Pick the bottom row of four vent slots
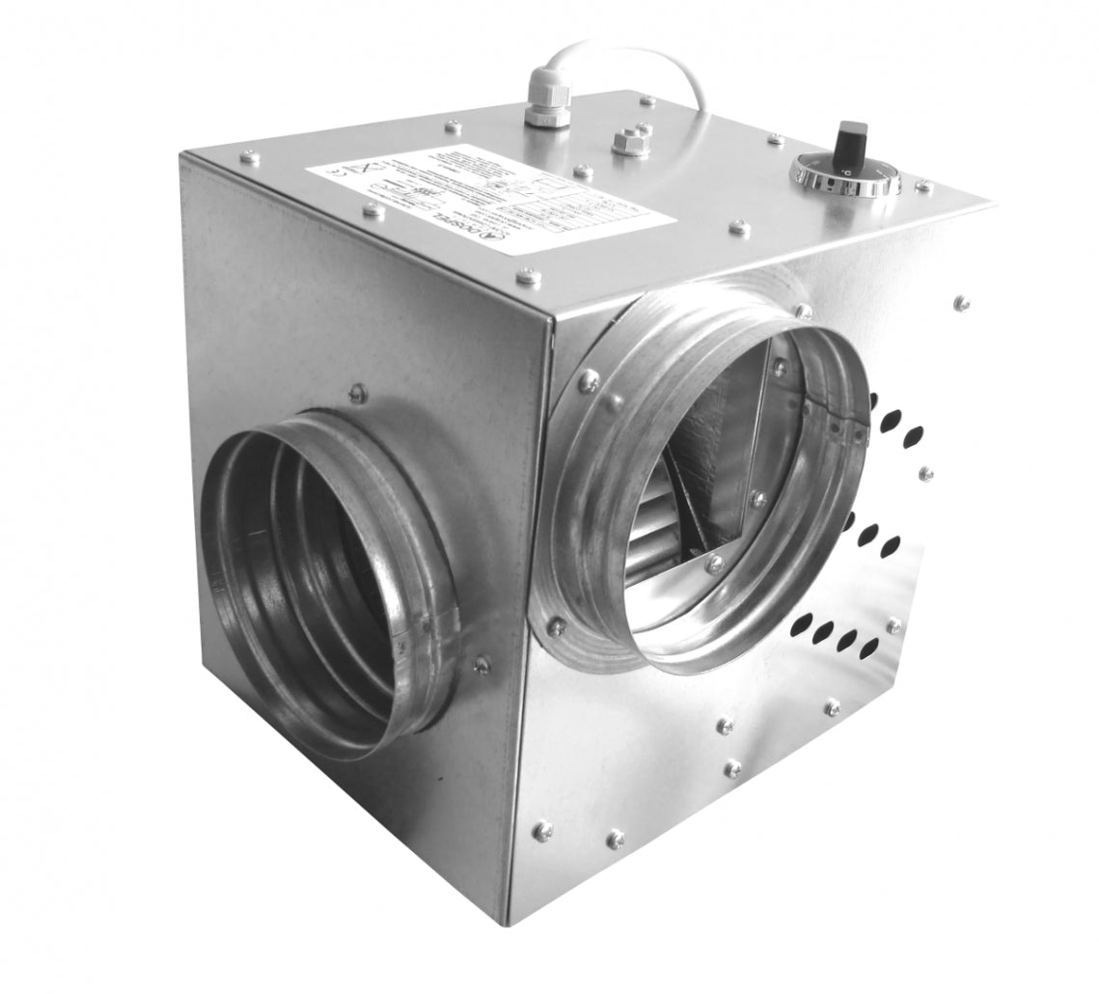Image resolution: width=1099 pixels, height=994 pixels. [836, 636]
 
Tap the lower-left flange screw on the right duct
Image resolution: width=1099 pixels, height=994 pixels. [557, 626]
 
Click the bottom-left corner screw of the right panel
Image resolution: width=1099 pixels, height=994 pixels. [543, 829]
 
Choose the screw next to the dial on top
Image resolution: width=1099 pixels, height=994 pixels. [923, 185]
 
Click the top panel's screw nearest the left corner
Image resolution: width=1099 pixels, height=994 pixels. [249, 156]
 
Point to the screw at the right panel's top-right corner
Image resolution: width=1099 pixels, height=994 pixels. [961, 302]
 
